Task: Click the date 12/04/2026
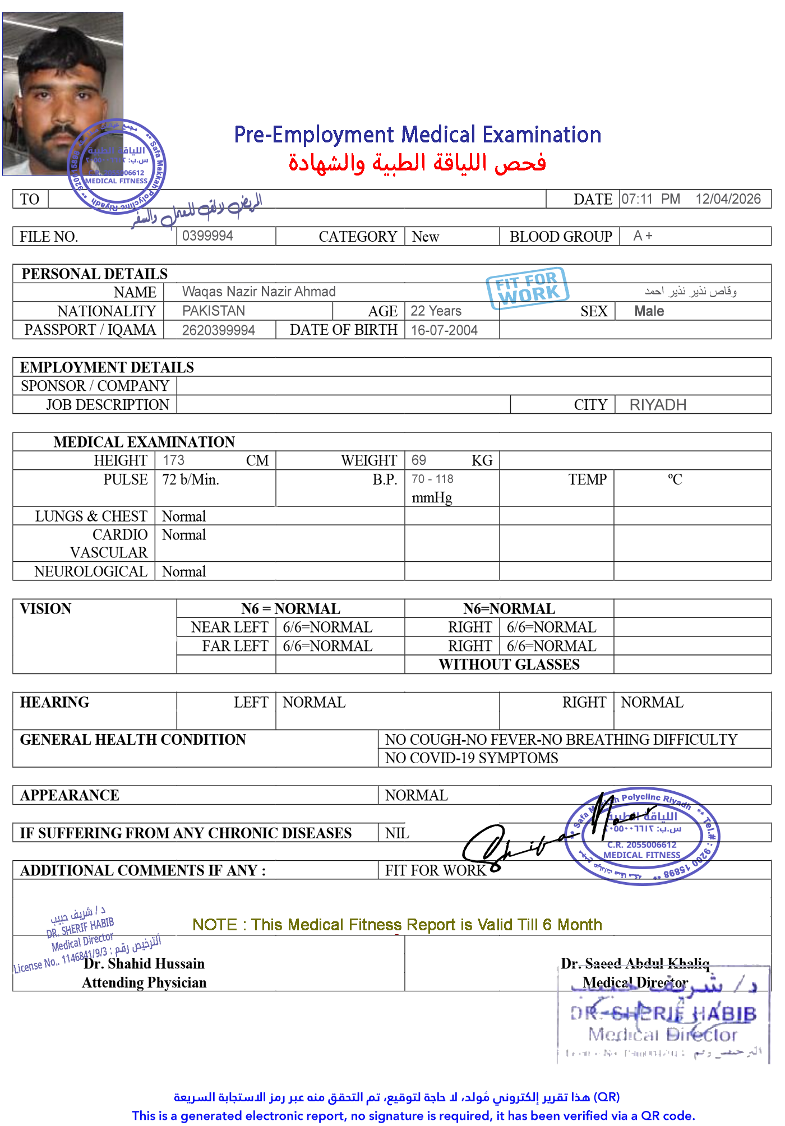tap(728, 199)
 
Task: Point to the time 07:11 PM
tap(650, 199)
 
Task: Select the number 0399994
tap(207, 236)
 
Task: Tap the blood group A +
tap(643, 236)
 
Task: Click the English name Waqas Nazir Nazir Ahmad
tap(258, 292)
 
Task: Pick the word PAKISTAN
tap(214, 311)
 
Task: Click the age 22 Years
tap(436, 311)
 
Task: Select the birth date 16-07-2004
tap(444, 330)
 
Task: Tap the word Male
tap(649, 311)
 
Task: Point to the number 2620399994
tap(218, 330)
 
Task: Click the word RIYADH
tap(658, 405)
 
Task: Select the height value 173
tap(173, 460)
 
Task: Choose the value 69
tap(418, 460)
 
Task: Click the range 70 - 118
tap(432, 479)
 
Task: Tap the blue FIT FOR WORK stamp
tap(527, 288)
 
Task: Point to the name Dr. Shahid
tap(117, 963)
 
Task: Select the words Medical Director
tap(635, 982)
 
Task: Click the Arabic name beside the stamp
tap(690, 291)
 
